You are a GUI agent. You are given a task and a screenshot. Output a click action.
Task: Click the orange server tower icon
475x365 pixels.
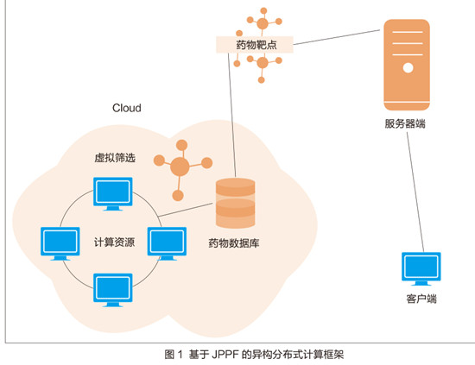(407, 65)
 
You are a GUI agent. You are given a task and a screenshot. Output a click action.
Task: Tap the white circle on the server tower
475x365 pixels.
(408, 68)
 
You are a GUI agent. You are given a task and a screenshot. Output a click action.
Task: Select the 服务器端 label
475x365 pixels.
(405, 123)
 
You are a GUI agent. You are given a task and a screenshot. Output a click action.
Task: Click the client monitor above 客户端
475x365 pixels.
(421, 268)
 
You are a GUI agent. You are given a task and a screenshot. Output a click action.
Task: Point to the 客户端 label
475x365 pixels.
(421, 299)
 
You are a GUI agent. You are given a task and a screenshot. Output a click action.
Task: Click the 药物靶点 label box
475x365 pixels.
(255, 45)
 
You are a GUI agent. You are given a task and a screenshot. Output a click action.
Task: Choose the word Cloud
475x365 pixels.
(127, 108)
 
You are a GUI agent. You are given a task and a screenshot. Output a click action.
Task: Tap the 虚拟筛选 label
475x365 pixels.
(115, 158)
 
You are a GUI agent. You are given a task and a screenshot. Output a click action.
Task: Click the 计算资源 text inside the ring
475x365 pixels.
(114, 242)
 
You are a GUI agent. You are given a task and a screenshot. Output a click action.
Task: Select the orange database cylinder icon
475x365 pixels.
(236, 203)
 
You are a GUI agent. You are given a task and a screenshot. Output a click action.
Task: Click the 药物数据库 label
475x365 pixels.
(233, 243)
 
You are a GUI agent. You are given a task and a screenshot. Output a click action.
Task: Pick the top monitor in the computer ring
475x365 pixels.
(112, 194)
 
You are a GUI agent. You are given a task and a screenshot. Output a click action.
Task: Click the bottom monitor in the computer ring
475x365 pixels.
(112, 290)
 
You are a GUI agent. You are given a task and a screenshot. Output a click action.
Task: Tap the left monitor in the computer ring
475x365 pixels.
(60, 243)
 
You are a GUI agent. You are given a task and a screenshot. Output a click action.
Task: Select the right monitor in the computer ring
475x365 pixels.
(167, 243)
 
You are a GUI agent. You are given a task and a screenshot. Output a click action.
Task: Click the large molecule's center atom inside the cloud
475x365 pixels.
(180, 167)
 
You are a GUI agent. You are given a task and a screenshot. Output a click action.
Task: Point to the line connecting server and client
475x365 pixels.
(415, 192)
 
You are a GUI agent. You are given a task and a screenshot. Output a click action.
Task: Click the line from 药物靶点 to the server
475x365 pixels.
(337, 37)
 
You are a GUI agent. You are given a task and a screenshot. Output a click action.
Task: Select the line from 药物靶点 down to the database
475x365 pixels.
(231, 116)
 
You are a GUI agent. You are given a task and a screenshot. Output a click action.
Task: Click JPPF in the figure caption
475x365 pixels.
(225, 354)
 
